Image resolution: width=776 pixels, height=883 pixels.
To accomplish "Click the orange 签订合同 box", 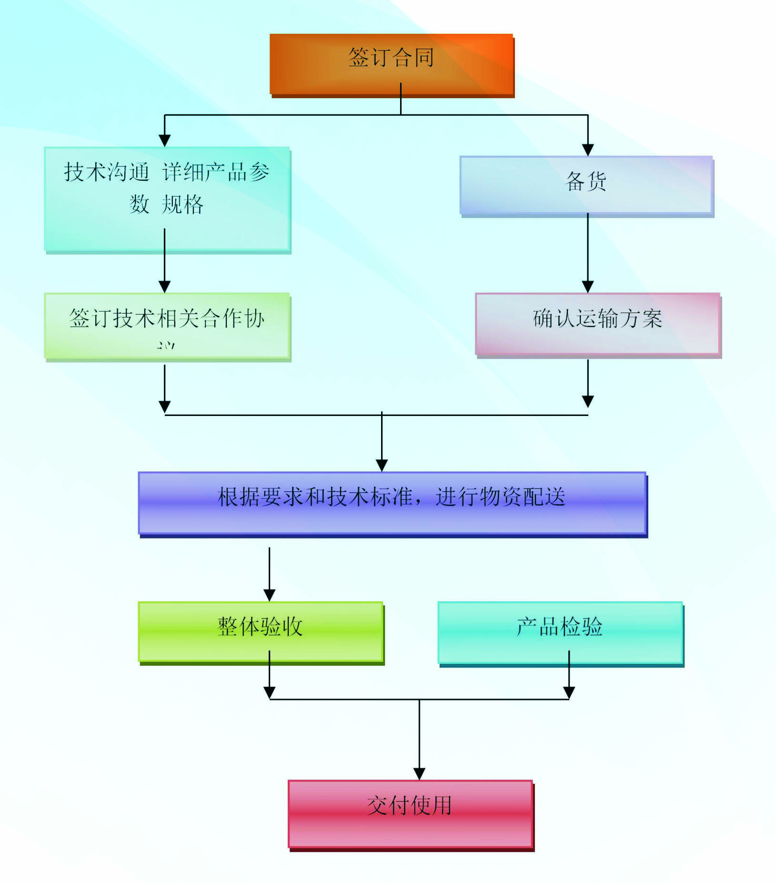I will [x=391, y=64].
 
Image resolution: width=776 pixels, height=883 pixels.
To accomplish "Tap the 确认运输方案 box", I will [x=597, y=324].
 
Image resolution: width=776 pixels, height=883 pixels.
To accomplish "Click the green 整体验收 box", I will [x=260, y=631].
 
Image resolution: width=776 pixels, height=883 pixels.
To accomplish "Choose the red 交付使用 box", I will [x=410, y=814].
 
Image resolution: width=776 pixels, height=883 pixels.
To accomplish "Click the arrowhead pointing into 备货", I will [x=588, y=150].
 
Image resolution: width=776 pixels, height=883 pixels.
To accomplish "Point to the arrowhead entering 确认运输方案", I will [x=588, y=286].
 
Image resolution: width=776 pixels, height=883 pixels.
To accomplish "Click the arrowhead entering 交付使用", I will [x=419, y=773].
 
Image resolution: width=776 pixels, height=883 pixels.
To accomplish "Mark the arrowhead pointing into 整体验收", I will [x=270, y=595].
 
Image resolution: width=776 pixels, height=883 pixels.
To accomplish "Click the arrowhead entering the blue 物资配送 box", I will [x=382, y=465].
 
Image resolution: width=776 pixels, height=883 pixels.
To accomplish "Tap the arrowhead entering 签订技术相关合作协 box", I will [x=165, y=286].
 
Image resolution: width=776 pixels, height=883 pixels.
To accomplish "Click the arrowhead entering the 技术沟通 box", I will [x=165, y=140].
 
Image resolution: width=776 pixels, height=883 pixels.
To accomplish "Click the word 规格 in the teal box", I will [x=182, y=204].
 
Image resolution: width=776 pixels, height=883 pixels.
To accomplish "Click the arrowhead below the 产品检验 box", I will [x=569, y=692].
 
